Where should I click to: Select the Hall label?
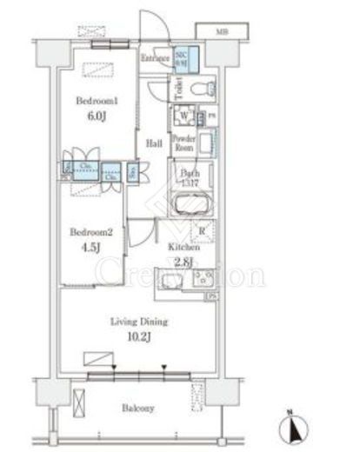click(x=154, y=143)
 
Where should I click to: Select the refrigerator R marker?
click(x=202, y=230)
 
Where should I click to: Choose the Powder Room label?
click(x=183, y=143)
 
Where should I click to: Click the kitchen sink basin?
click(x=169, y=282)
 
